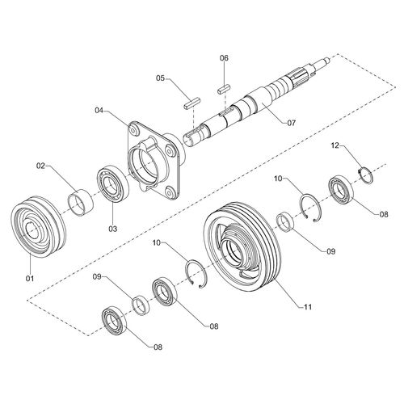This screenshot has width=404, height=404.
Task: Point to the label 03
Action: click(x=112, y=229)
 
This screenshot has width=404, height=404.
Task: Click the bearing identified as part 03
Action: click(x=111, y=185)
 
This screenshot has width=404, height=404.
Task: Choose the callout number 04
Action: click(x=99, y=109)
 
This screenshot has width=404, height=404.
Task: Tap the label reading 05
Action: click(x=161, y=78)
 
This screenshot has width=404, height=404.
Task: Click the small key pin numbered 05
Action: click(x=191, y=103)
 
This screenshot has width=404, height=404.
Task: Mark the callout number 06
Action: click(x=225, y=58)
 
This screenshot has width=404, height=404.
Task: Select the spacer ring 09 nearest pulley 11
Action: click(x=286, y=220)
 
